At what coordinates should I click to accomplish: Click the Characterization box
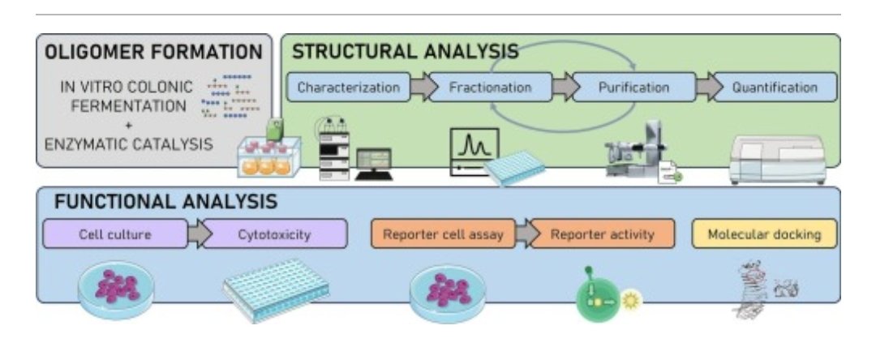(x=349, y=87)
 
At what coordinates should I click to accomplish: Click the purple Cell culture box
(x=115, y=234)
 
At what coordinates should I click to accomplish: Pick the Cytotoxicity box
(x=274, y=234)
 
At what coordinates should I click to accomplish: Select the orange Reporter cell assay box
(x=443, y=234)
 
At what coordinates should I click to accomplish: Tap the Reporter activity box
(x=602, y=234)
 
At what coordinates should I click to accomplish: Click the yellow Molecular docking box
(x=765, y=234)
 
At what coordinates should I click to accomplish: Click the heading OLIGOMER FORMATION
(x=153, y=52)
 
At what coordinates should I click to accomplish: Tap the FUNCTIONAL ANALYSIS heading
(x=165, y=202)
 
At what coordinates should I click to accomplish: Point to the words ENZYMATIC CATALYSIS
(x=129, y=144)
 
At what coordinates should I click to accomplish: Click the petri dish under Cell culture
(x=116, y=290)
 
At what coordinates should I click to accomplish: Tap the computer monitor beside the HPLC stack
(x=373, y=164)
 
